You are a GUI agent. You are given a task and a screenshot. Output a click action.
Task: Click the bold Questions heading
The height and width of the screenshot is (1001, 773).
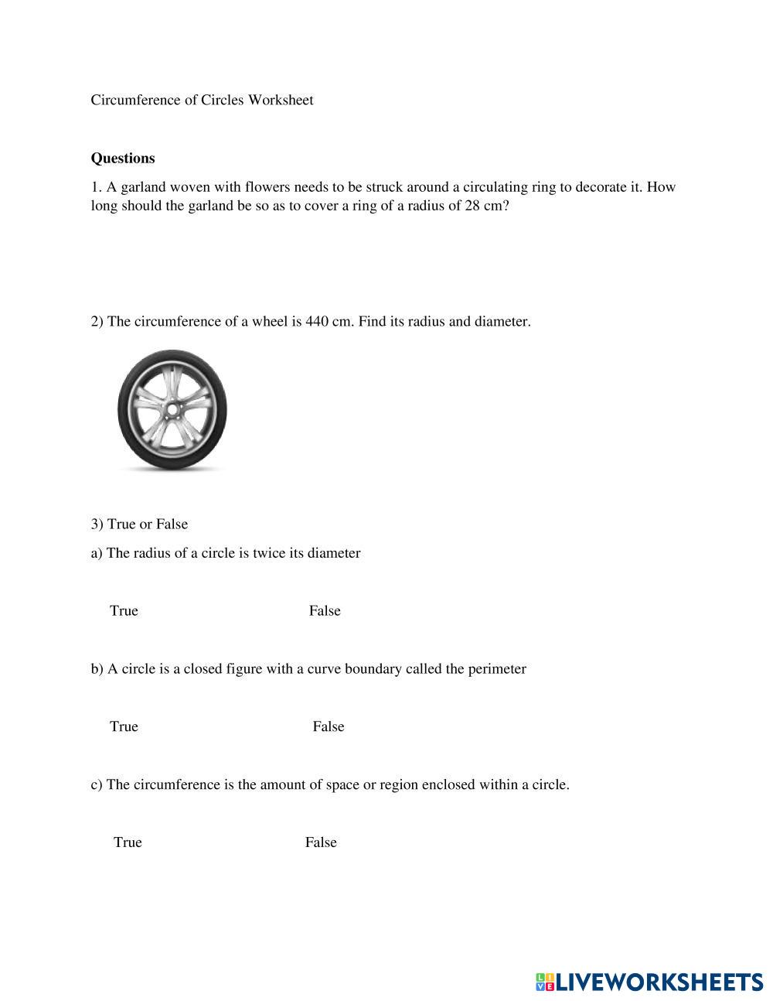[123, 159]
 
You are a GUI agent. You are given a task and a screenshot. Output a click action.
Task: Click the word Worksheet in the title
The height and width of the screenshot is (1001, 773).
[281, 100]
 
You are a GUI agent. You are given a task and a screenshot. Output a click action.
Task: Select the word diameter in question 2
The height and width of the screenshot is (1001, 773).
[501, 322]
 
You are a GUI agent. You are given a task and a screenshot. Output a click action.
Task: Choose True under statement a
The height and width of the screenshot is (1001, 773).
[124, 611]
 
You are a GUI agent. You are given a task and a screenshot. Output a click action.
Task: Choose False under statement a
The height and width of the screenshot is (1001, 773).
[325, 611]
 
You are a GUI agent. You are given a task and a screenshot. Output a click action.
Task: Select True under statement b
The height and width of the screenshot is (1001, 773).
[124, 726]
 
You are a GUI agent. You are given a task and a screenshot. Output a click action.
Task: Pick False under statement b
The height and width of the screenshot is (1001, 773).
[329, 726]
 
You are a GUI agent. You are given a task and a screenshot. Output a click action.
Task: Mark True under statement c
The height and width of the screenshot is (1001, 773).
[128, 842]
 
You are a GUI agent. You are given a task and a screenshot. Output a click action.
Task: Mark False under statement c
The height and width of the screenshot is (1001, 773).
[321, 842]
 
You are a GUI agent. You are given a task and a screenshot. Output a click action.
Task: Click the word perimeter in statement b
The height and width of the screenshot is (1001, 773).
[496, 669]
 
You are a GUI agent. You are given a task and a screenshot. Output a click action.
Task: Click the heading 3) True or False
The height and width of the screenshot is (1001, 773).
[139, 524]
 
